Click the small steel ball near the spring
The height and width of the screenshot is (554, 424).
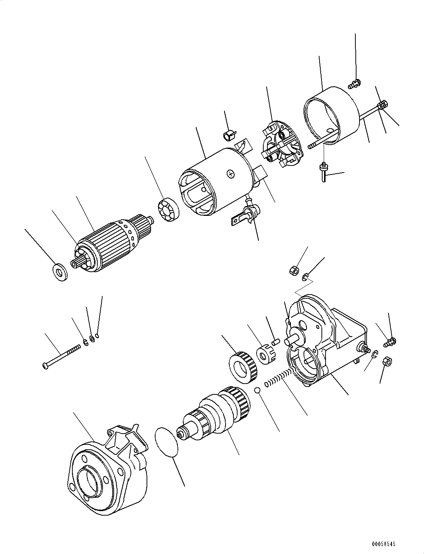257,390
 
